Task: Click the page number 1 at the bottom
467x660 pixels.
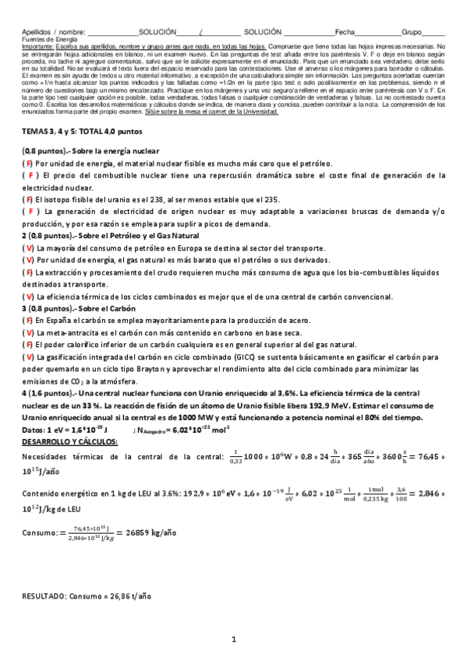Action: point(234,640)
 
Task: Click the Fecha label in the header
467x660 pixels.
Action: point(345,31)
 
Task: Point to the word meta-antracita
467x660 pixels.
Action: point(69,332)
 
